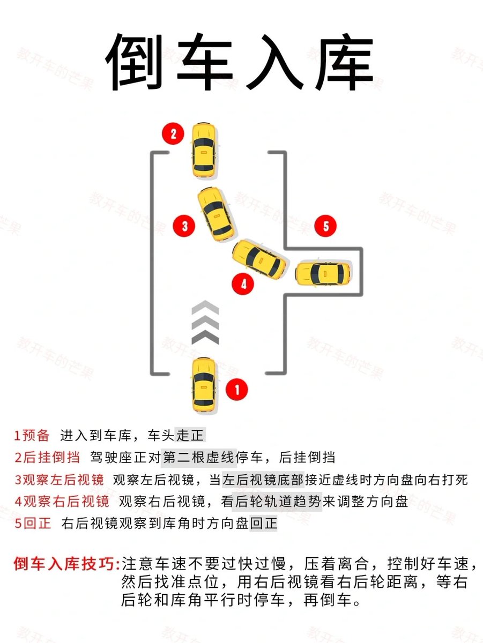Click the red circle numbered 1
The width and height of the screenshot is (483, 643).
pos(236,390)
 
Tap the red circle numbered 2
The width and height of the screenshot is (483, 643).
pos(173,133)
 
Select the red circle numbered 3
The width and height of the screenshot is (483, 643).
pos(184,226)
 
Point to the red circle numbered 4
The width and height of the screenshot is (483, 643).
pos(243,283)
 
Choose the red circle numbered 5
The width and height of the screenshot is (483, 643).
pos(325,226)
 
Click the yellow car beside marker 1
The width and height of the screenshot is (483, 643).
pos(204,385)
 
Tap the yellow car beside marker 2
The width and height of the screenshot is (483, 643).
pos(204,150)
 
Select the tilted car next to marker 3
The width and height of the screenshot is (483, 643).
pos(216,214)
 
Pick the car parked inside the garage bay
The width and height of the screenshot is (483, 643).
pos(323,274)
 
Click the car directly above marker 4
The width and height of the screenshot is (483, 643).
pos(259,259)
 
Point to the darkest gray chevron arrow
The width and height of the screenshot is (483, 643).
pos(205,337)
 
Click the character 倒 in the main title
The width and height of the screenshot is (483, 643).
pos(134,62)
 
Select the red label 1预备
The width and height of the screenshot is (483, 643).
pos(32,435)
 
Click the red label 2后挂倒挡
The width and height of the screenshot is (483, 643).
pos(47,457)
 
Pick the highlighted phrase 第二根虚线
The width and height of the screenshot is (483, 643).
pos(199,457)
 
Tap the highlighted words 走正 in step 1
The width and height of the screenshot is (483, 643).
pos(190,435)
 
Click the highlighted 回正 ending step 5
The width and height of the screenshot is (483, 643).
pos(263,523)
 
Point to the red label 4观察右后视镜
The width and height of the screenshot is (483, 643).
pos(62,501)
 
